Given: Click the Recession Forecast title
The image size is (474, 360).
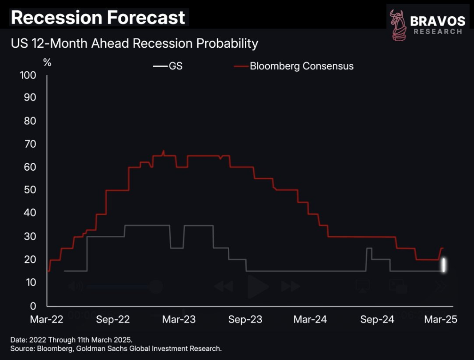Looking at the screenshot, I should pyautogui.click(x=98, y=18).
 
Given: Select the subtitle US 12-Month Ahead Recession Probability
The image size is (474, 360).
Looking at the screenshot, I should pyautogui.click(x=134, y=44).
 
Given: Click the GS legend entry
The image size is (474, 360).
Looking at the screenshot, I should pyautogui.click(x=168, y=66).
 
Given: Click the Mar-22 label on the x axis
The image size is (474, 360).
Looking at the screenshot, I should pyautogui.click(x=47, y=319).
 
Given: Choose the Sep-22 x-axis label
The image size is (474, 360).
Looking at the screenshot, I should pyautogui.click(x=112, y=319).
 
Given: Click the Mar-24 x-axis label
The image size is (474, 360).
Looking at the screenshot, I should pyautogui.click(x=311, y=319).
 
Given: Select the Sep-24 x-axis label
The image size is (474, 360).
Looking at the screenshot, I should pyautogui.click(x=377, y=319).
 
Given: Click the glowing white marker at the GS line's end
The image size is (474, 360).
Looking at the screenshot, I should pyautogui.click(x=443, y=265).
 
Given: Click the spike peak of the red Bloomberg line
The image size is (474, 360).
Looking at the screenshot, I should pyautogui.click(x=163, y=151).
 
